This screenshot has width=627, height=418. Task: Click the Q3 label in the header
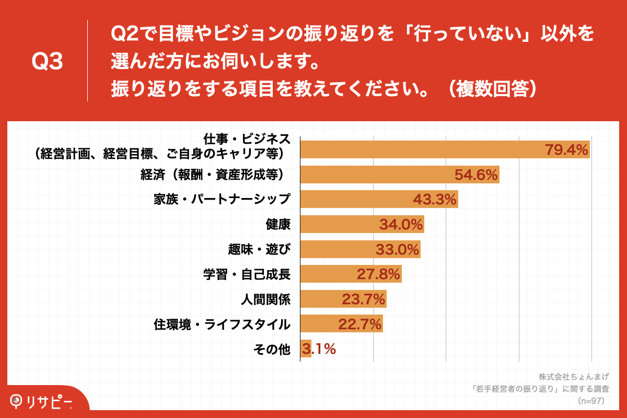coord(47,62)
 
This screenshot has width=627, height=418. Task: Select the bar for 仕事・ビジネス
coord(444,150)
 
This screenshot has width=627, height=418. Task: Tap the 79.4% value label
coord(567,150)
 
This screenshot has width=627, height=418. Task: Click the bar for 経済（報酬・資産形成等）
coord(400,175)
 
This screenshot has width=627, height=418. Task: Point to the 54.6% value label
coord(476,175)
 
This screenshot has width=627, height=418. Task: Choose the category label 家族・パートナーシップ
coord(222,200)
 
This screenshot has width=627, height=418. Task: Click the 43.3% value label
coord(435,200)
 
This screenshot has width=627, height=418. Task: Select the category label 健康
coord(278,224)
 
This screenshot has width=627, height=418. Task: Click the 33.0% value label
coord(398,249)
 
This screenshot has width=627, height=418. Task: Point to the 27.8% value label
coord(378,274)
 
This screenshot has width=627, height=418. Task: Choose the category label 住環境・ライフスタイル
coord(222,324)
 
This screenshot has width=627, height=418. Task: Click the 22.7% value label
coord(360,324)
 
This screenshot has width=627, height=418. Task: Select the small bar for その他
coord(306,349)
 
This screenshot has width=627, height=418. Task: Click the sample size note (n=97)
coord(590,401)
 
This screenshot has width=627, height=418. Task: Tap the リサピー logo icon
coord(17,401)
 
